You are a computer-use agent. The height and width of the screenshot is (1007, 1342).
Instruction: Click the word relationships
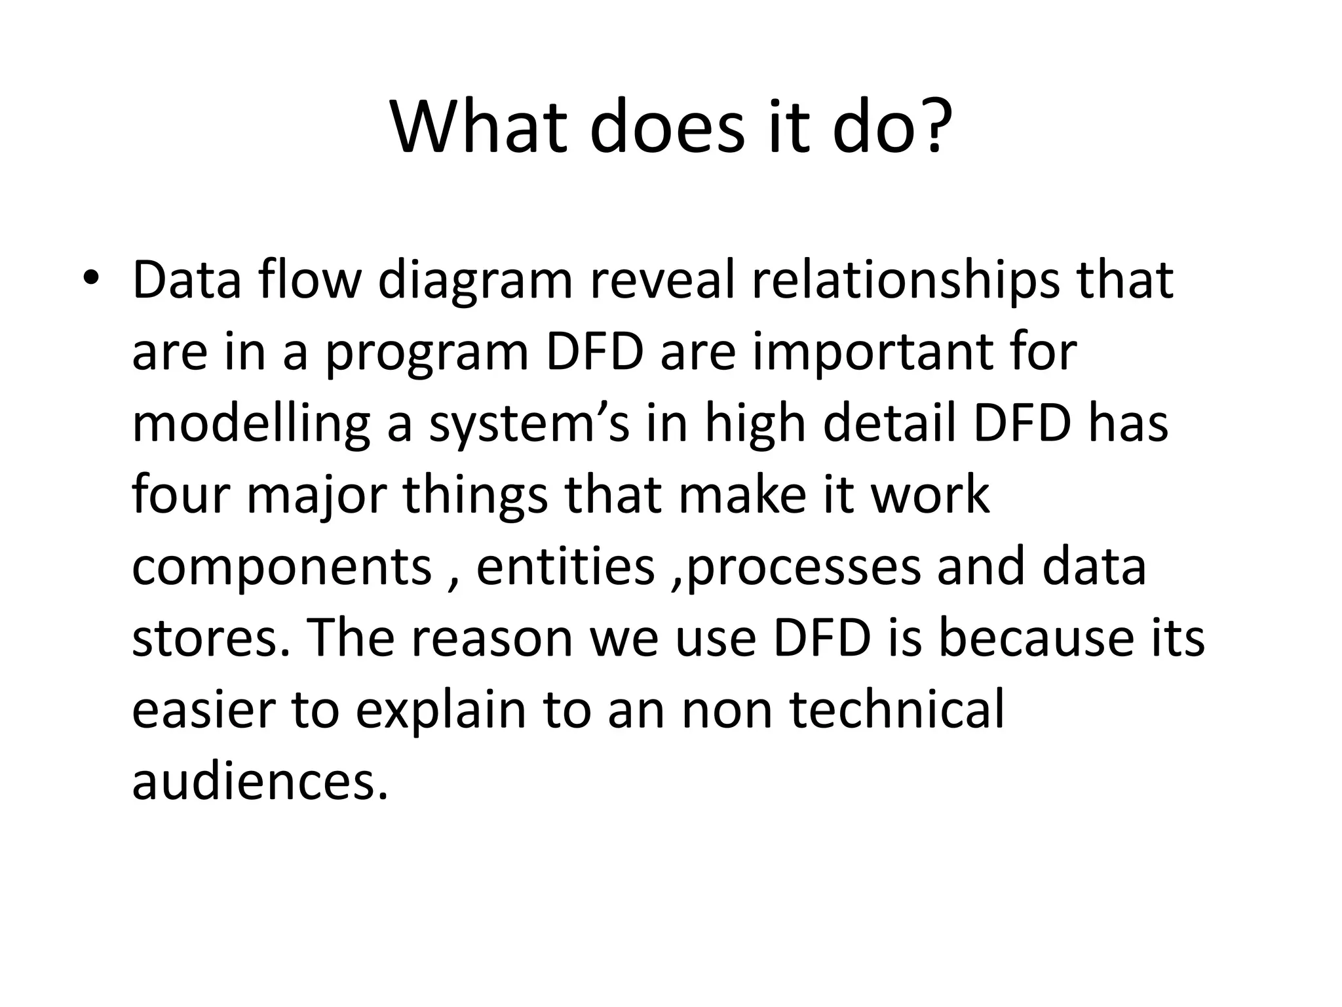point(905,281)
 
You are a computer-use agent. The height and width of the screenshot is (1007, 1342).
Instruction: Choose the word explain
point(441,711)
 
